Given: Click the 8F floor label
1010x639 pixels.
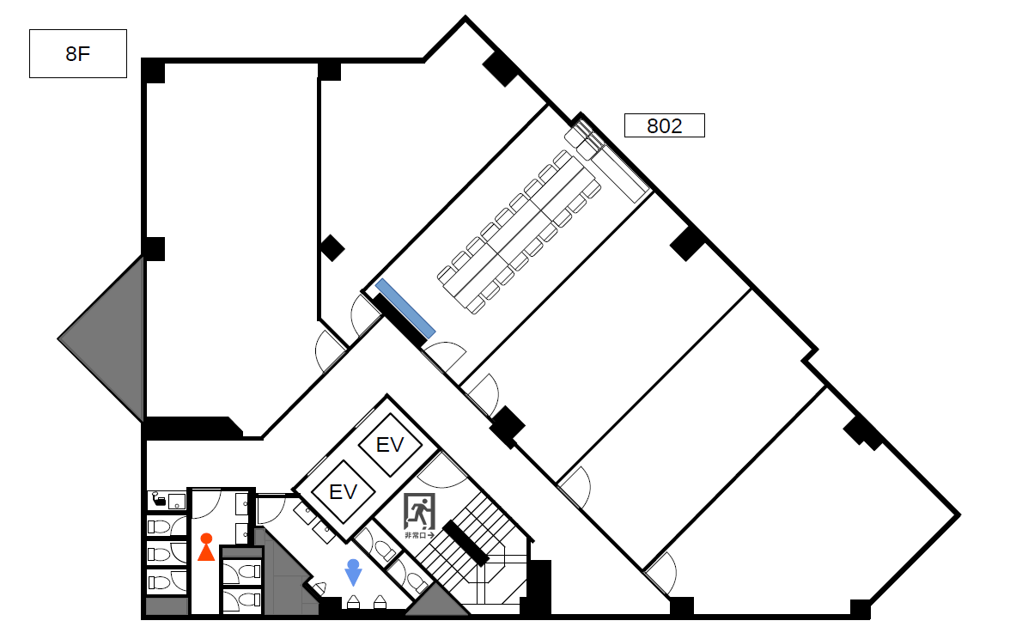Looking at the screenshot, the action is click(78, 53).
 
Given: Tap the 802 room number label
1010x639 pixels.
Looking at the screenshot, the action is click(665, 125).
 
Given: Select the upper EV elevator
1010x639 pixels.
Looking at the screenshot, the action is click(390, 445).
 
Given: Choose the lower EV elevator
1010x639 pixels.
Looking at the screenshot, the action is click(343, 492).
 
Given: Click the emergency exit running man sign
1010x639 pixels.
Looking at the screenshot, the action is click(419, 512).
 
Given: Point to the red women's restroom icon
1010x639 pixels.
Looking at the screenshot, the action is click(206, 547).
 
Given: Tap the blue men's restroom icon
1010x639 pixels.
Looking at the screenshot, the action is click(353, 573).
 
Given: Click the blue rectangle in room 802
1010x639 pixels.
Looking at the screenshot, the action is click(405, 308).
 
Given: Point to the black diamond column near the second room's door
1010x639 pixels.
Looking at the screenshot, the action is click(332, 248).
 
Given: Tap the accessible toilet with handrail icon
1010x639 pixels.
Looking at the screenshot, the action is click(167, 500).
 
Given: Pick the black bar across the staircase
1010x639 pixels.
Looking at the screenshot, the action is click(465, 543).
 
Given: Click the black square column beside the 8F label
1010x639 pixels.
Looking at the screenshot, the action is click(153, 70).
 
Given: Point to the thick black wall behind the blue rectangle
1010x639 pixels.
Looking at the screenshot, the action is click(400, 320).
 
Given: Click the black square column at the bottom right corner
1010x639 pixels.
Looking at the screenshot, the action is click(861, 609).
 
